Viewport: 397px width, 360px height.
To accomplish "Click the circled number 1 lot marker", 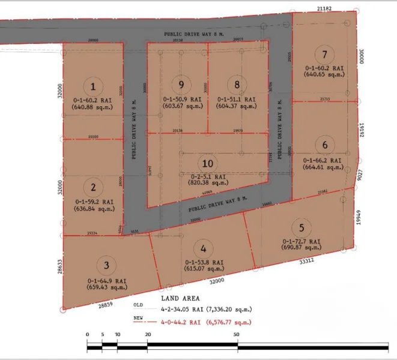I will click(93, 86).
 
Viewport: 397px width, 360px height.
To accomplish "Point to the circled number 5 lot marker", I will click(301, 227).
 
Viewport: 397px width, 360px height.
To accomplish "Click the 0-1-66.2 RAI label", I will click(323, 161).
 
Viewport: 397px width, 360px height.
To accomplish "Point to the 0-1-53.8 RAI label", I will click(205, 262).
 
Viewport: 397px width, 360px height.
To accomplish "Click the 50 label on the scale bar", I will click(238, 334).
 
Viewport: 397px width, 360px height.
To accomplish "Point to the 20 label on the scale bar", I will click(147, 334).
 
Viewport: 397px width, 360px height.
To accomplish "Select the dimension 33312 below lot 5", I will click(307, 262).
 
